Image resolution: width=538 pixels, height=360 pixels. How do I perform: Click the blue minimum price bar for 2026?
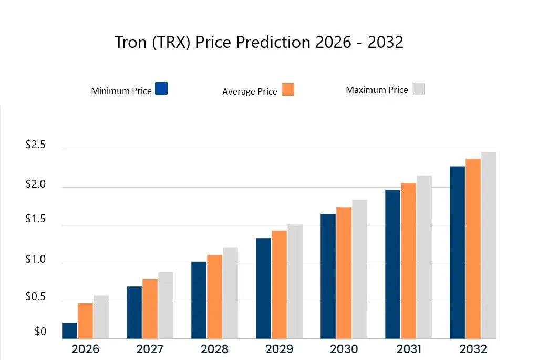[x=69, y=331]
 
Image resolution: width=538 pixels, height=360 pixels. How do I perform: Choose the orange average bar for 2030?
[x=344, y=273]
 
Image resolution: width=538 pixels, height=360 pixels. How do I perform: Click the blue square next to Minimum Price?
[x=161, y=88]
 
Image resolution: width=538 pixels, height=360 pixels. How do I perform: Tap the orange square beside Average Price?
[x=287, y=89]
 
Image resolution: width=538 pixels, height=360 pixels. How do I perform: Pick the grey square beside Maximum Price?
[x=418, y=88]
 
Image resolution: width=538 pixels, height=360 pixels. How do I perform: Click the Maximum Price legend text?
[x=377, y=90]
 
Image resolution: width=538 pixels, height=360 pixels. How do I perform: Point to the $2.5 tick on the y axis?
[x=36, y=146]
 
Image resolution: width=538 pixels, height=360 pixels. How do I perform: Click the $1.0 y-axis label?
[x=36, y=260]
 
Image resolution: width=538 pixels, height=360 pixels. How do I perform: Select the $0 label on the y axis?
[x=40, y=332]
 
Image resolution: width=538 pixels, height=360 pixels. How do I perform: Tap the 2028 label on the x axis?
[x=214, y=349]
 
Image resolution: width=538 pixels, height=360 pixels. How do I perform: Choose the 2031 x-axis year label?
[x=408, y=349]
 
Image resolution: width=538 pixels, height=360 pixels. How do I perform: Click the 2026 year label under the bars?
[x=85, y=349]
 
